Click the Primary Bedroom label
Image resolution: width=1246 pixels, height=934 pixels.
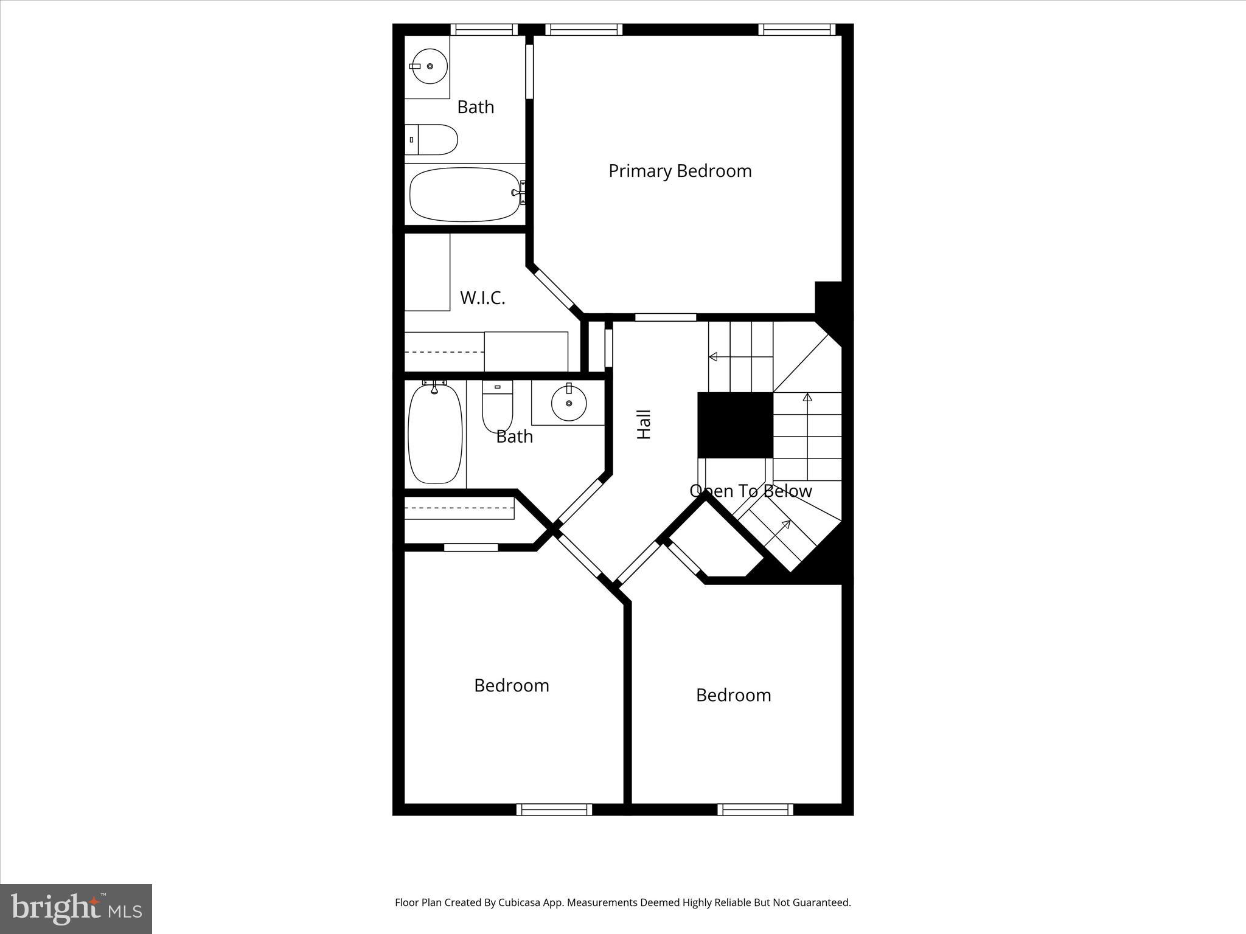pyautogui.click(x=680, y=171)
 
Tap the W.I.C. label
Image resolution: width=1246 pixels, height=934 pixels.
pyautogui.click(x=482, y=298)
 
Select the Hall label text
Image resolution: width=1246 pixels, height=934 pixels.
pyautogui.click(x=644, y=424)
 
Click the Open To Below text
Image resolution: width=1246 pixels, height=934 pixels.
pyautogui.click(x=751, y=491)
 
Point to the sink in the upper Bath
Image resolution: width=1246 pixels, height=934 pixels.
pyautogui.click(x=430, y=66)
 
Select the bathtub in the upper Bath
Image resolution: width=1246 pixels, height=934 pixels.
pyautogui.click(x=465, y=195)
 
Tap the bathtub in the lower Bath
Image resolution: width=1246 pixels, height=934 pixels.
pyautogui.click(x=434, y=433)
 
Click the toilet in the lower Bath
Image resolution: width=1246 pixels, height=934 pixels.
pyautogui.click(x=498, y=406)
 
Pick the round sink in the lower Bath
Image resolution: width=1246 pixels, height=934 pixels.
pyautogui.click(x=569, y=403)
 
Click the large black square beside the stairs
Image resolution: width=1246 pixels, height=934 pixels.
pyautogui.click(x=735, y=425)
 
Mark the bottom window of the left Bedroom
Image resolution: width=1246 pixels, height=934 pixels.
pyautogui.click(x=554, y=809)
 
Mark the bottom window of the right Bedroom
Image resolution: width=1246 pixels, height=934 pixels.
pyautogui.click(x=755, y=809)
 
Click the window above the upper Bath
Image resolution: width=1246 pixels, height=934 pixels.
pyautogui.click(x=484, y=29)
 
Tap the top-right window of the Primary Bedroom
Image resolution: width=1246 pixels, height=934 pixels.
pyautogui.click(x=796, y=29)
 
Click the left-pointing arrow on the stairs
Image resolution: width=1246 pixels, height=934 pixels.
pyautogui.click(x=714, y=357)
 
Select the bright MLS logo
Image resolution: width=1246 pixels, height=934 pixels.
pyautogui.click(x=76, y=908)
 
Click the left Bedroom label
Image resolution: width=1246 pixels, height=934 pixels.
pyautogui.click(x=511, y=685)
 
